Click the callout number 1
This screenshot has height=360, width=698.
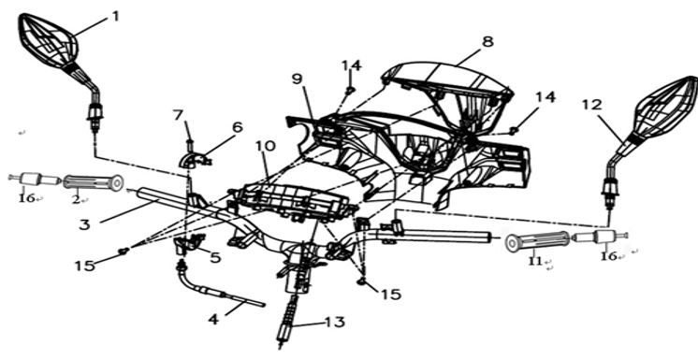[116, 17]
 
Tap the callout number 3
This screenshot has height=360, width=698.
[84, 224]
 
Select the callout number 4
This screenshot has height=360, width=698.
[214, 319]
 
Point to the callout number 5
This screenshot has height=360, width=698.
[215, 257]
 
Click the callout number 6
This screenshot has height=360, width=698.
[238, 127]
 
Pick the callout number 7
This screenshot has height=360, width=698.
[178, 115]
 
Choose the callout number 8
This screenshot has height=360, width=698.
[487, 42]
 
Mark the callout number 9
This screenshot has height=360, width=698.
[297, 79]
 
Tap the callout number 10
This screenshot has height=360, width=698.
[266, 146]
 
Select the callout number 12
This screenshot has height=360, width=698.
[592, 105]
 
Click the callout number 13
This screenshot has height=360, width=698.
[335, 322]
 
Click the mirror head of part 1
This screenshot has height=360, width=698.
[48, 41]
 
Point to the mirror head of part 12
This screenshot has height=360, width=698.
[664, 108]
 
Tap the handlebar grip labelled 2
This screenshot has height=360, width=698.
[93, 182]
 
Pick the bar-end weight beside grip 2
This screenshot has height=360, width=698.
[35, 180]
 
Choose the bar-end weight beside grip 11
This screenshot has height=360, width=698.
[600, 238]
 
